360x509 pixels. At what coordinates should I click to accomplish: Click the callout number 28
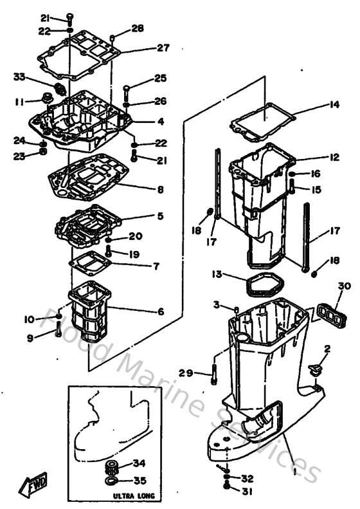click(138, 28)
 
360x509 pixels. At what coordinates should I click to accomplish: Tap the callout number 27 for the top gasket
click(163, 48)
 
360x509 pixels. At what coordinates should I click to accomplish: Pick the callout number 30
click(345, 286)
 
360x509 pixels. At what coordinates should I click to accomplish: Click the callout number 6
click(160, 311)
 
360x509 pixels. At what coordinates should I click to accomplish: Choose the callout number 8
click(160, 190)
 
